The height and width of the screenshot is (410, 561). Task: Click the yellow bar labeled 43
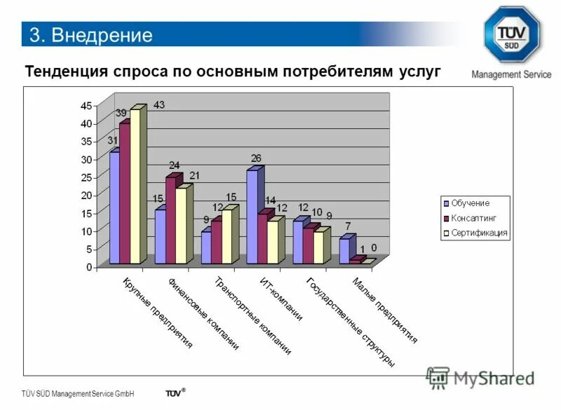(135, 186)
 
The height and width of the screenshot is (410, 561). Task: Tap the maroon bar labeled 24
(170, 221)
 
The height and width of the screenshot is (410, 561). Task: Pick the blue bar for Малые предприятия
(344, 251)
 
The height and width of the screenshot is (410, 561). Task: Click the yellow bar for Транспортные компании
(226, 236)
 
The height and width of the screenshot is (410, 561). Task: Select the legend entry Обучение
(470, 203)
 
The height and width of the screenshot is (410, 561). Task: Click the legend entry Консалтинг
(473, 217)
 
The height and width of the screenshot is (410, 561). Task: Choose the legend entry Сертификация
(479, 233)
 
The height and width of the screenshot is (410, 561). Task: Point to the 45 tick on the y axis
(84, 106)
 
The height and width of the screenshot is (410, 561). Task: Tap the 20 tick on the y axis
(84, 196)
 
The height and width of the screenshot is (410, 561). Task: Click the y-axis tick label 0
(88, 267)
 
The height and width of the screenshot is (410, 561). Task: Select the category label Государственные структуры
(351, 322)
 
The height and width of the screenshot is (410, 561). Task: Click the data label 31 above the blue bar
(112, 141)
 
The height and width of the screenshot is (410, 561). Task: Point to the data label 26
(256, 158)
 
